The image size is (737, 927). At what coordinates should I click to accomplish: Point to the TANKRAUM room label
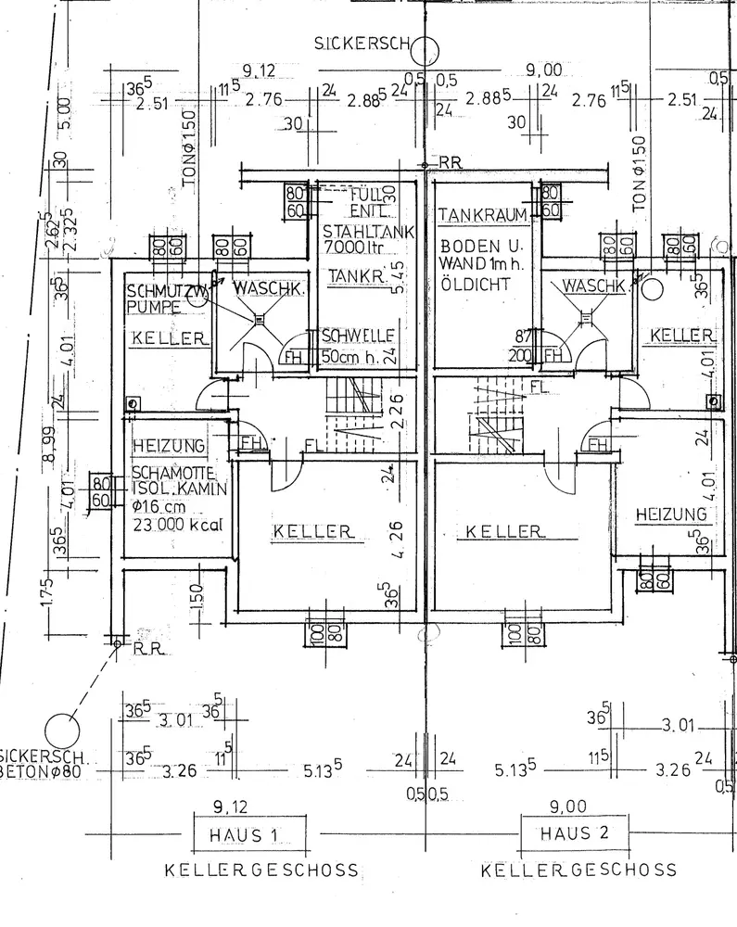pyautogui.click(x=483, y=215)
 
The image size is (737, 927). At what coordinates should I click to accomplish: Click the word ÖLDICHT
pyautogui.click(x=476, y=285)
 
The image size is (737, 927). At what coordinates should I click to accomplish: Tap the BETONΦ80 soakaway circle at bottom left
pyautogui.click(x=63, y=726)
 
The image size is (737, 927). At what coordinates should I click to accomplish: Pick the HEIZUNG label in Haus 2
pyautogui.click(x=672, y=514)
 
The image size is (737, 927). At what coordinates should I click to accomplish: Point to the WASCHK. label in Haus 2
pyautogui.click(x=594, y=286)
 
